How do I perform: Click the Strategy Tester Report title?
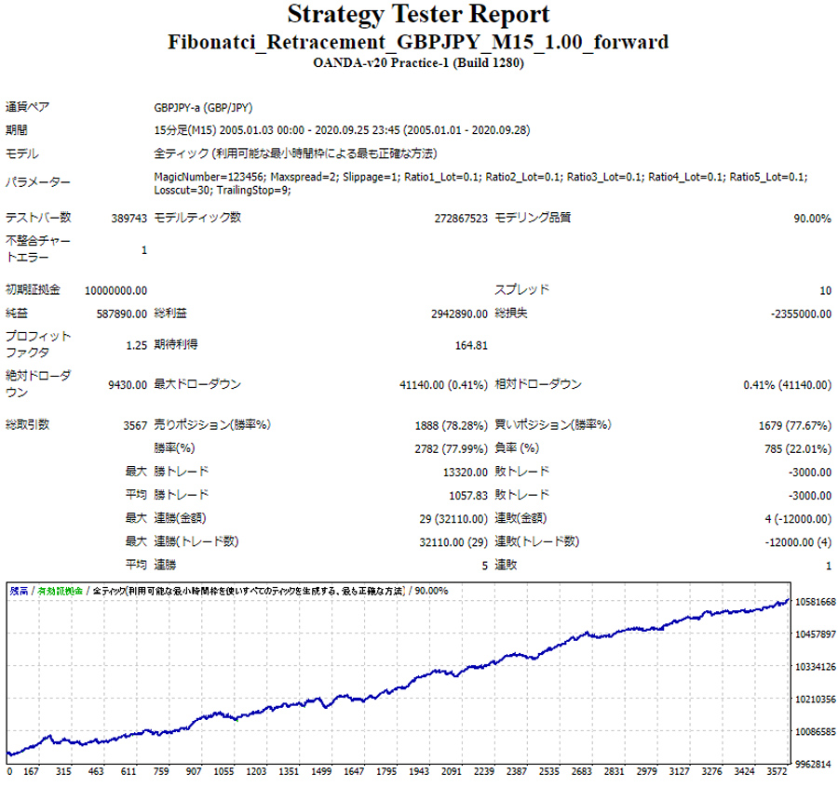(418, 16)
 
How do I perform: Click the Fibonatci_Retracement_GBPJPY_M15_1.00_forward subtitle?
(418, 44)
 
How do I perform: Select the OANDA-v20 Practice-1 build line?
(418, 63)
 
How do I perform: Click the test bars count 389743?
(125, 219)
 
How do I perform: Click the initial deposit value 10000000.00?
(115, 290)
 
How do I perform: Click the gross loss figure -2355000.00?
(801, 314)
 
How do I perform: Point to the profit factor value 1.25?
(136, 345)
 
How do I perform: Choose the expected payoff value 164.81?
(471, 345)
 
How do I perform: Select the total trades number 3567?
(135, 425)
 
